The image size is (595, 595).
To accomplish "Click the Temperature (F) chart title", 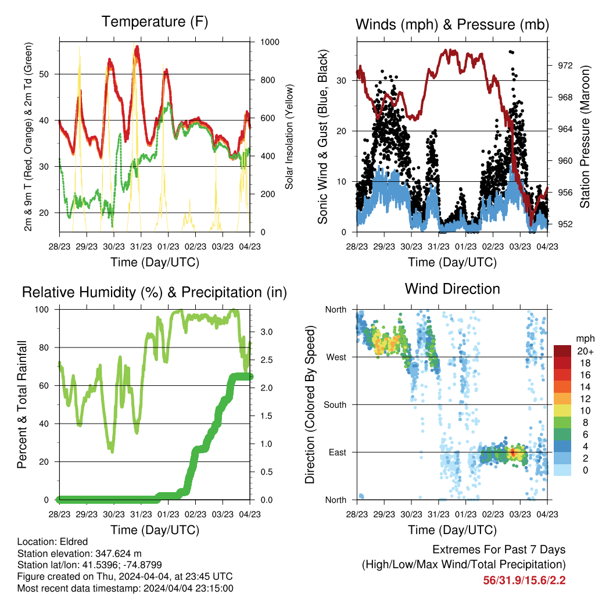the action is point(155,21).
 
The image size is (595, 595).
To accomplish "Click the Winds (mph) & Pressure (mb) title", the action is point(452,24).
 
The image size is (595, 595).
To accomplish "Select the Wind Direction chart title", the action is point(452,289).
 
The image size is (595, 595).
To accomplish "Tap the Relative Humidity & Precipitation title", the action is point(155,292).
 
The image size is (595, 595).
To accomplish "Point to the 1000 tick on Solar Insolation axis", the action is point(270,42).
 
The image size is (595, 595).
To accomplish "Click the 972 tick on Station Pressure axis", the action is point(565,66).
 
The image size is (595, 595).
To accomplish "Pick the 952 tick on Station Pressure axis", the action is point(565,224).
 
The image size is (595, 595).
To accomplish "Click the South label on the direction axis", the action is point(335,405).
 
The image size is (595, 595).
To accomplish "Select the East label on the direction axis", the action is point(338,452).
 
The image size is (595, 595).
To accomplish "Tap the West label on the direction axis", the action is point(336,357).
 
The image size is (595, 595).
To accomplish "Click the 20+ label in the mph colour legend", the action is point(585,351).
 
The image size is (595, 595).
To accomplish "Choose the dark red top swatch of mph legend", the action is point(562,351).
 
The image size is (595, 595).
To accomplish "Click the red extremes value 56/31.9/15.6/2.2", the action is point(525,580).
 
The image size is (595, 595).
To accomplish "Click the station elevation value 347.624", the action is point(114,553).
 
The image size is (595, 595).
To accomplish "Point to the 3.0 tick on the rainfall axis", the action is point(266,332).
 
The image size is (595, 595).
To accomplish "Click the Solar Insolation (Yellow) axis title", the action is point(289,137).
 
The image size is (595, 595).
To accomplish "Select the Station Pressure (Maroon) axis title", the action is point(585,137).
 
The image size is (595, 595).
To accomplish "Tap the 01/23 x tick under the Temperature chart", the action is point(168,246).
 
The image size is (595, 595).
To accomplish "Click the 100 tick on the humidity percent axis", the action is point(42,310).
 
